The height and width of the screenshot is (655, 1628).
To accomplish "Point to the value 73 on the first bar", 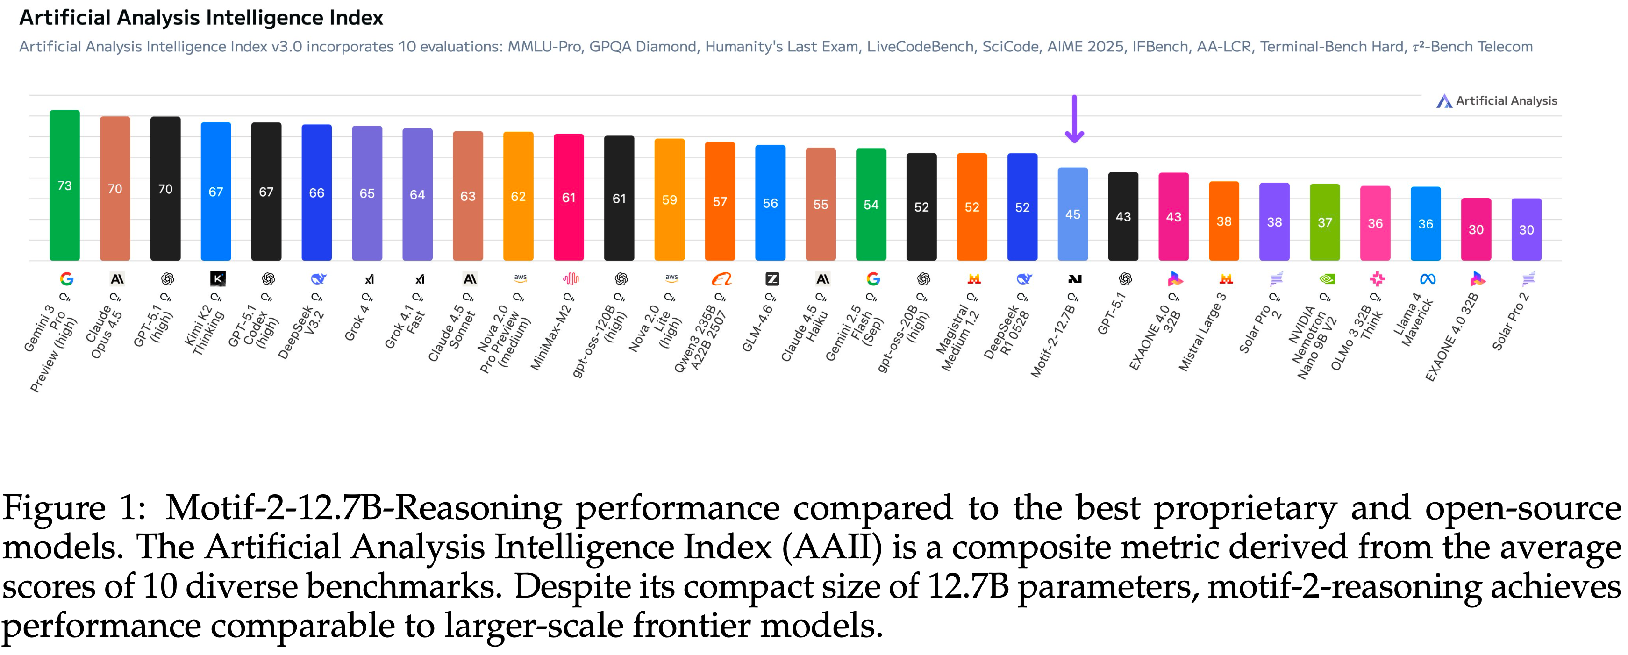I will pos(64,185).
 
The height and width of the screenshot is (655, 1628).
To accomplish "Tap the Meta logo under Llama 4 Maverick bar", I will pos(1427,278).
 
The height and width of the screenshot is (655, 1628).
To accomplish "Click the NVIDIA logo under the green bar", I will pos(1326,278).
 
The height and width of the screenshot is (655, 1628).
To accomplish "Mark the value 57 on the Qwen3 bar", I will pos(720,201).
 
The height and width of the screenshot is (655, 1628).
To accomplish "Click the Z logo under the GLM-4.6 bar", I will pos(771,278).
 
